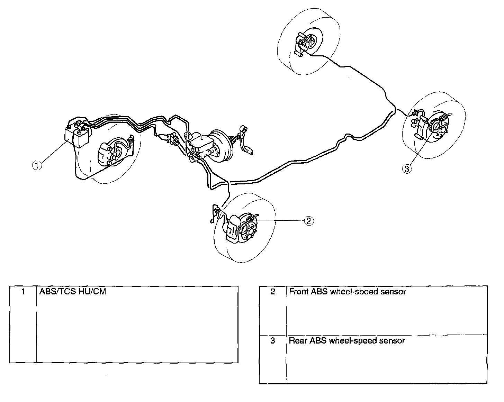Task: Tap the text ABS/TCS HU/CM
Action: pyautogui.click(x=73, y=292)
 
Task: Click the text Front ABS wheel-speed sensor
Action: pyautogui.click(x=347, y=292)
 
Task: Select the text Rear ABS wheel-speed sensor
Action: pyautogui.click(x=347, y=341)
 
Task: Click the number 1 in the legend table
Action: pyautogui.click(x=23, y=292)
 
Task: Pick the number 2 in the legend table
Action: pyautogui.click(x=273, y=292)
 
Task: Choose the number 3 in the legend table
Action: pyautogui.click(x=273, y=341)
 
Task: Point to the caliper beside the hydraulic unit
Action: pyautogui.click(x=105, y=154)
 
